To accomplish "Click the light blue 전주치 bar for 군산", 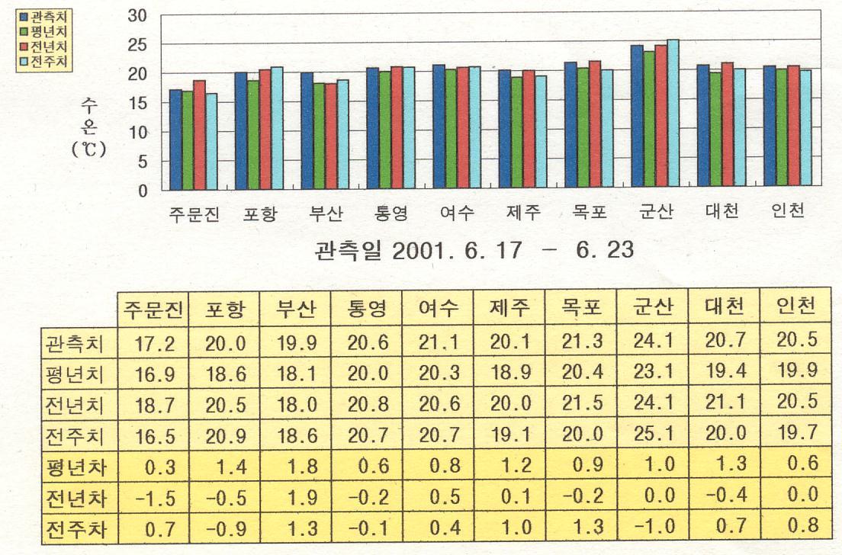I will click(x=673, y=115).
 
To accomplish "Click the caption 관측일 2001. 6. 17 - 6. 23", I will click(x=474, y=250).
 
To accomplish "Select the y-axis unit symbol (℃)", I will click(x=88, y=149).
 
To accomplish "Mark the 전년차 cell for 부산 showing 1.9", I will click(x=296, y=498).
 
